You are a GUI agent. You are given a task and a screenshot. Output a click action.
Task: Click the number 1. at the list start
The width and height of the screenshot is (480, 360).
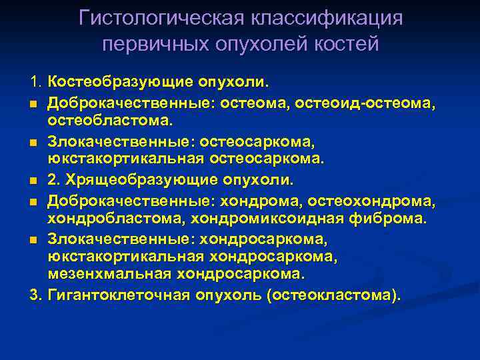[x=36, y=83]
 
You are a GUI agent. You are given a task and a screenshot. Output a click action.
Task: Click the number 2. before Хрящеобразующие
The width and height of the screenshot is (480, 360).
[x=55, y=179]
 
